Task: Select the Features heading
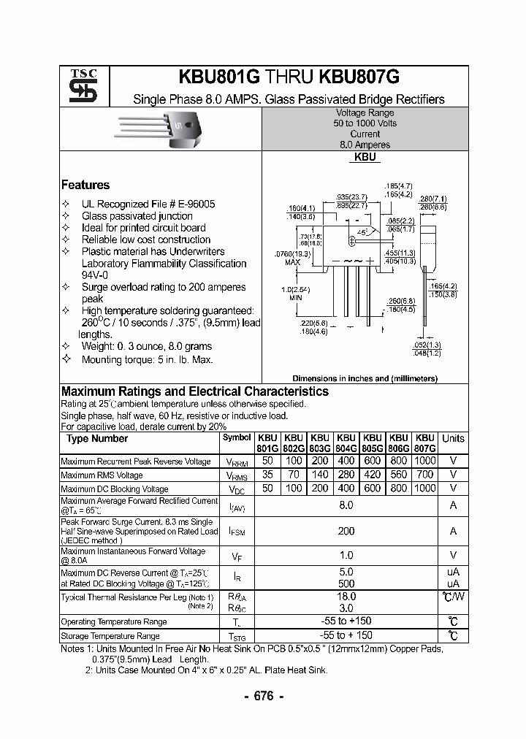(x=85, y=185)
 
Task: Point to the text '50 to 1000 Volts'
(x=365, y=123)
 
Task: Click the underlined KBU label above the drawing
(x=365, y=157)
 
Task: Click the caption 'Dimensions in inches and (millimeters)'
(x=365, y=378)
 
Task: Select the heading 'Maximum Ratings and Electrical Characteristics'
(x=195, y=392)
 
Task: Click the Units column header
(x=453, y=439)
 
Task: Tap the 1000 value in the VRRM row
(x=424, y=461)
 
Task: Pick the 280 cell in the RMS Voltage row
(x=346, y=475)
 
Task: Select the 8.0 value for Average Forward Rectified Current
(x=346, y=505)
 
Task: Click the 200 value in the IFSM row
(x=346, y=532)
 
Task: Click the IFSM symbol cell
(x=237, y=532)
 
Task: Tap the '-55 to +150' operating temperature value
(x=346, y=621)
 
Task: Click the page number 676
(x=263, y=696)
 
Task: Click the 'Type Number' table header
(x=97, y=439)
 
